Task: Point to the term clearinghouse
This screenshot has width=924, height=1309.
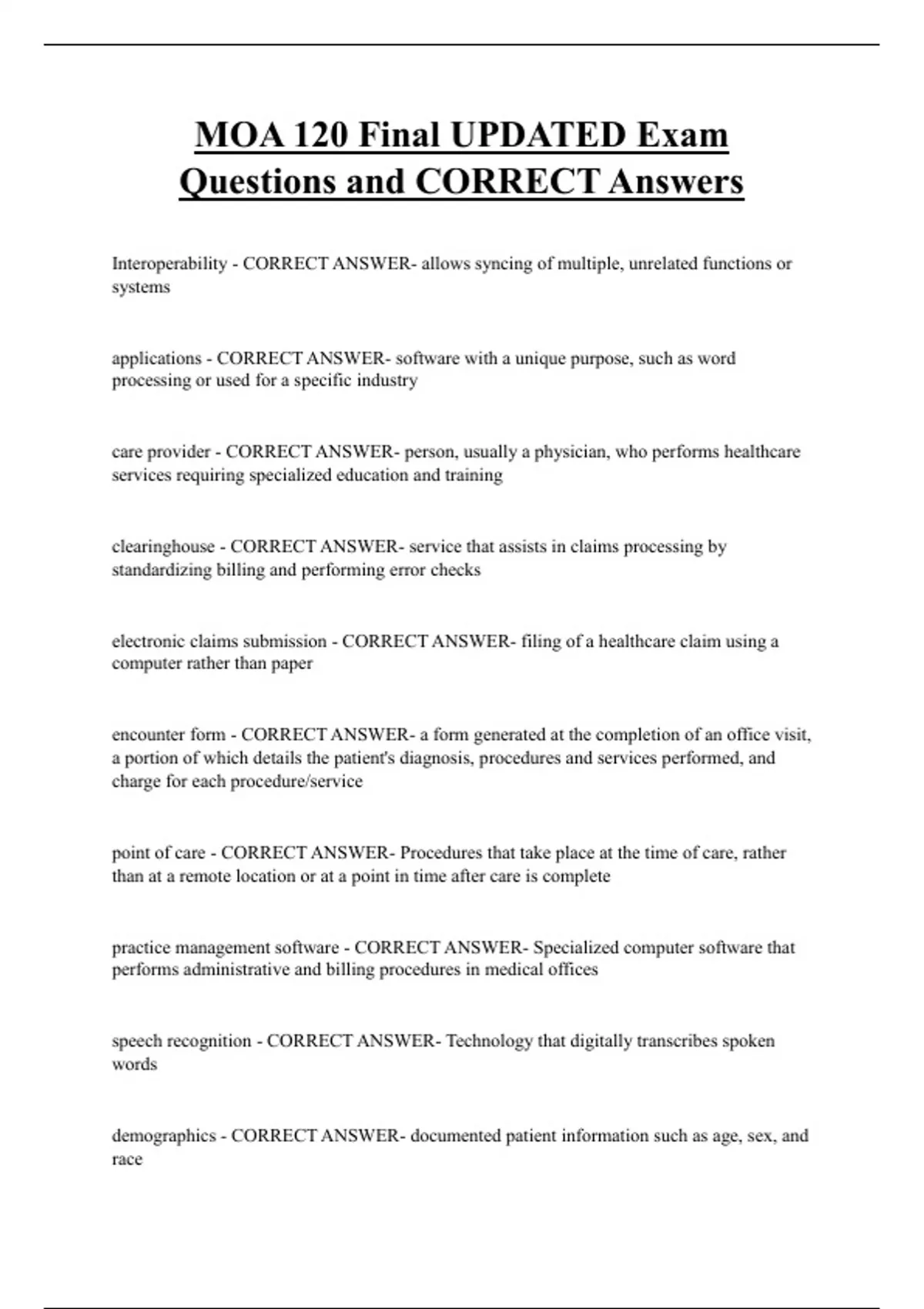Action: pyautogui.click(x=163, y=547)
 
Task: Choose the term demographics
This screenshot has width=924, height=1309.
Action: pyautogui.click(x=163, y=1136)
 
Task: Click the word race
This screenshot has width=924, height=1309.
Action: pyautogui.click(x=127, y=1160)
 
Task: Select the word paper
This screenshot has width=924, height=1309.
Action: pyautogui.click(x=292, y=664)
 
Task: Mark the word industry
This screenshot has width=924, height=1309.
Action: pyautogui.click(x=387, y=380)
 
